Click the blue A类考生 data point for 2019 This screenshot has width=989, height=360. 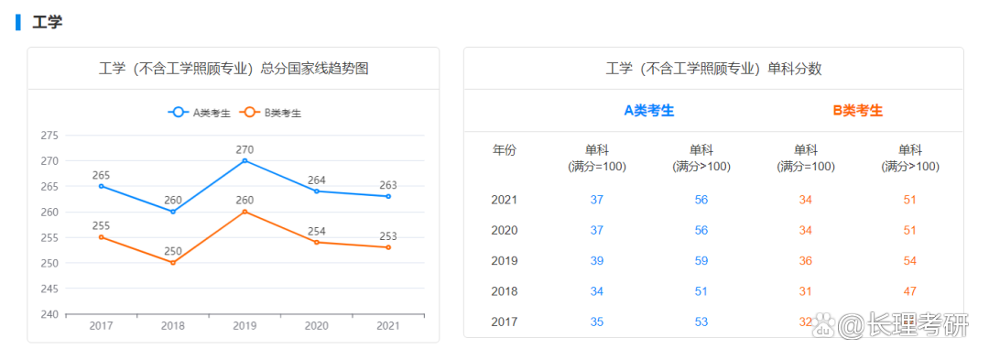245,160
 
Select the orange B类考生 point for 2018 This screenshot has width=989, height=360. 173,263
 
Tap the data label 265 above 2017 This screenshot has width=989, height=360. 101,175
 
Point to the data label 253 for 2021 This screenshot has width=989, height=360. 388,236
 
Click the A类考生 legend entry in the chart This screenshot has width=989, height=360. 199,113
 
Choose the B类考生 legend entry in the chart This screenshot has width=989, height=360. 270,113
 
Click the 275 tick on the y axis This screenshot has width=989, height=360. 49,136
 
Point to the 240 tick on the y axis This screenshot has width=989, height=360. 49,314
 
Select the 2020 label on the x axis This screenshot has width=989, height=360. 316,326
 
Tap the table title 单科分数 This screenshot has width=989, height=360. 713,69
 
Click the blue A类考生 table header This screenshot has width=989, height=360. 648,110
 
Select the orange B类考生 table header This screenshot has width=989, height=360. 857,110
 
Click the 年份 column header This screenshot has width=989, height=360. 505,150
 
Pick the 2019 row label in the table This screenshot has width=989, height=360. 505,260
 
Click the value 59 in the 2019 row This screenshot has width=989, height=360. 701,260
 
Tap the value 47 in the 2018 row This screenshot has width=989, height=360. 910,291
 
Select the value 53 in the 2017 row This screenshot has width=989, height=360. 701,322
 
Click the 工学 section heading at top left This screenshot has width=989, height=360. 47,22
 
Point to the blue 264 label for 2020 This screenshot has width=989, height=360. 316,180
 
